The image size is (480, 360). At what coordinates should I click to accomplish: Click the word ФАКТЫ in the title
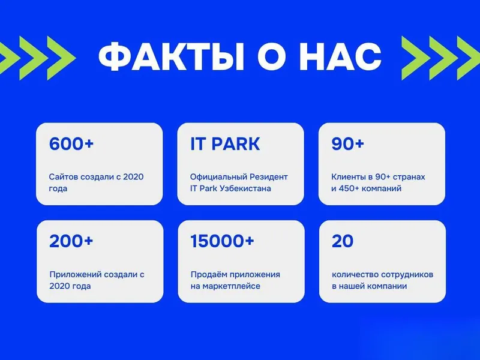point(172,57)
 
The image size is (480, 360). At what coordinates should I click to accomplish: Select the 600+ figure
point(71,143)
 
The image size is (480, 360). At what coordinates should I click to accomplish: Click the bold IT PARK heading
point(225,143)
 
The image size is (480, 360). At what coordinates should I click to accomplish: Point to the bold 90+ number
point(347,143)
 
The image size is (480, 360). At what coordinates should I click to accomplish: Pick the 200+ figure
point(71,241)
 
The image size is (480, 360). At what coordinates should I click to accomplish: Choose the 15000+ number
point(222,241)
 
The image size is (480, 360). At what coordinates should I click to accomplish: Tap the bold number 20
point(343,241)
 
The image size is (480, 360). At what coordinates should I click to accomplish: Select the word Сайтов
point(62,177)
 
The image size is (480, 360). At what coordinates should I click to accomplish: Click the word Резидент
point(269,177)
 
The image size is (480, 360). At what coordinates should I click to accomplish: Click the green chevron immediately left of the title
point(61,58)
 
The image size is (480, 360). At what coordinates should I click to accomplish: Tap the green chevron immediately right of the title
point(416,58)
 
